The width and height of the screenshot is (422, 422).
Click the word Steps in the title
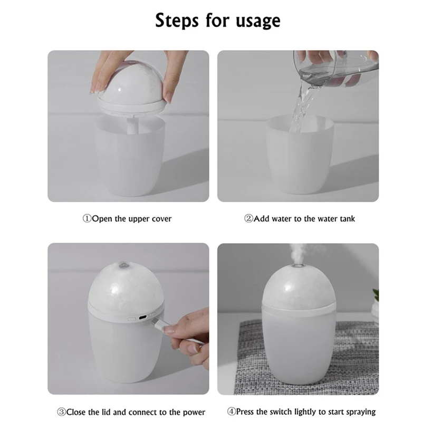pyautogui.click(x=177, y=21)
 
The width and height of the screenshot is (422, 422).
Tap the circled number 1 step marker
pyautogui.click(x=87, y=218)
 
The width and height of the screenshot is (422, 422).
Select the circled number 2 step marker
pyautogui.click(x=248, y=218)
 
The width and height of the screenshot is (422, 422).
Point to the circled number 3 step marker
pyautogui.click(x=61, y=412)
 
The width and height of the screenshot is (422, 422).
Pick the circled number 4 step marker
pyautogui.click(x=232, y=411)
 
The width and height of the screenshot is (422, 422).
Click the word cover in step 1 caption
pyautogui.click(x=161, y=219)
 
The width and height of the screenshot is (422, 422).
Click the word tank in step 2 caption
pyautogui.click(x=348, y=218)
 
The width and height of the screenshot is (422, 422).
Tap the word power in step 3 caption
pyautogui.click(x=194, y=413)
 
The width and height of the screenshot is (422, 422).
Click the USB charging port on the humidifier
pyautogui.click(x=142, y=318)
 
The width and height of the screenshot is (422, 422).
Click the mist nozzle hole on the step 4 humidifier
pyautogui.click(x=298, y=266)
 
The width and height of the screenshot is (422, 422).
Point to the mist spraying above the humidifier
pyautogui.click(x=298, y=253)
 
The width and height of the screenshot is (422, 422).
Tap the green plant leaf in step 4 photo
pyautogui.click(x=376, y=295)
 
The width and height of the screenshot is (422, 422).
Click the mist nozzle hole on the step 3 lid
pyautogui.click(x=123, y=265)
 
